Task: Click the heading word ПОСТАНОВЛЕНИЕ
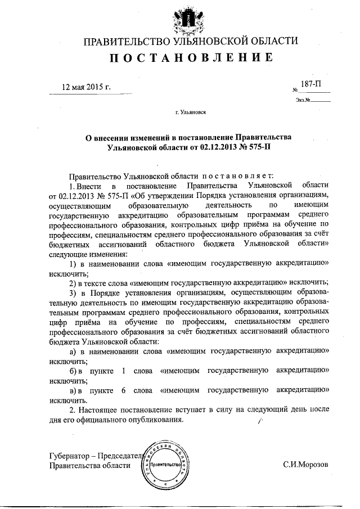tap(190, 57)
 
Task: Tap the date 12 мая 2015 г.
tap(87, 87)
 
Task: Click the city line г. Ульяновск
tap(190, 112)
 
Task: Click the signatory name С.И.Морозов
tap(306, 465)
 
